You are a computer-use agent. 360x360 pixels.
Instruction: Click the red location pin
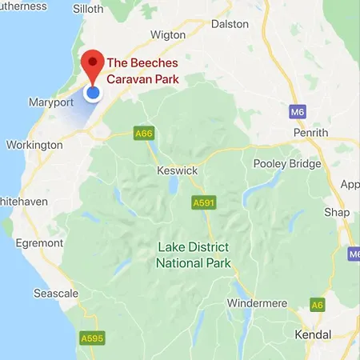click(94, 63)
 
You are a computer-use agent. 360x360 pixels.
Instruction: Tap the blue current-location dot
click(93, 93)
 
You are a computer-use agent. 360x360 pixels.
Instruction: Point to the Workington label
click(34, 146)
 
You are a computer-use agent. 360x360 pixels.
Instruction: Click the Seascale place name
click(56, 294)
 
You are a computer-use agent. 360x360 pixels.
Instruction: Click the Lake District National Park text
click(194, 255)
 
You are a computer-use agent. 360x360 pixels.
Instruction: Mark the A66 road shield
click(142, 134)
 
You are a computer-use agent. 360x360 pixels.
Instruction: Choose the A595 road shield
click(92, 339)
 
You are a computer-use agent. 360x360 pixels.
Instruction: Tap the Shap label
click(336, 212)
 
